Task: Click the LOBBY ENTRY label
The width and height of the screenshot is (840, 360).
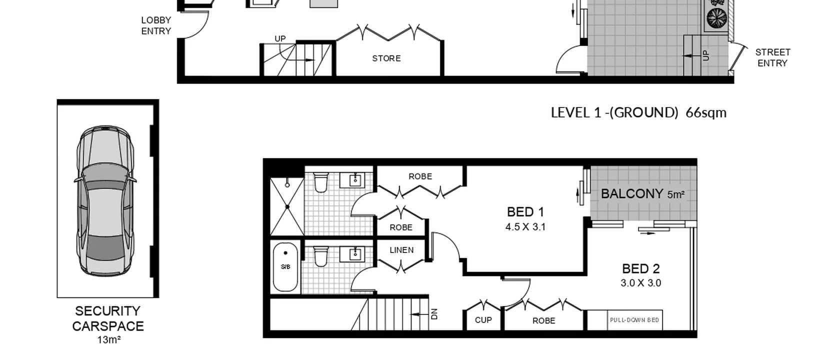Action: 156,25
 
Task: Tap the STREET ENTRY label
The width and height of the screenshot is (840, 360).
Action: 772,57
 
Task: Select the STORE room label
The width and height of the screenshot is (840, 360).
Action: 386,58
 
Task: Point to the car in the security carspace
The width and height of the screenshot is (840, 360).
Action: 105,200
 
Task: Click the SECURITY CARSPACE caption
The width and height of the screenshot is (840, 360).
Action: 108,318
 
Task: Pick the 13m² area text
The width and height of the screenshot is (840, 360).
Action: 108,340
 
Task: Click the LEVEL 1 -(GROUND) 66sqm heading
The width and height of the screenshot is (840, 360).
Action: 638,112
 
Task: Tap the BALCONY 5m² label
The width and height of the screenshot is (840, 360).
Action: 642,194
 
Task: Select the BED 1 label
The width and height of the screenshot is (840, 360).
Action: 525,212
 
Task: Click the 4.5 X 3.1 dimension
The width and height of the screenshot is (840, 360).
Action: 525,227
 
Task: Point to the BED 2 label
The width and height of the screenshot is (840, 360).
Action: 640,269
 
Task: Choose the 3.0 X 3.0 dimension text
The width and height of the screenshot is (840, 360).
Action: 640,283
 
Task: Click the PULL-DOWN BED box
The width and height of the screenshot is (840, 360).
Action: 634,320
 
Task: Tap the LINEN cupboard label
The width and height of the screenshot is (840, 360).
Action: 401,250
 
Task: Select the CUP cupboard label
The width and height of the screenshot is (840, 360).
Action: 483,320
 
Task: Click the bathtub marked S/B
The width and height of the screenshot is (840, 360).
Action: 285,267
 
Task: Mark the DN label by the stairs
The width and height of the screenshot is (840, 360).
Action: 434,314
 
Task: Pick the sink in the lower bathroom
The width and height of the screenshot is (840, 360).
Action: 355,253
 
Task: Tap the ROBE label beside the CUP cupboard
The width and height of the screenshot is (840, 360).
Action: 543,321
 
